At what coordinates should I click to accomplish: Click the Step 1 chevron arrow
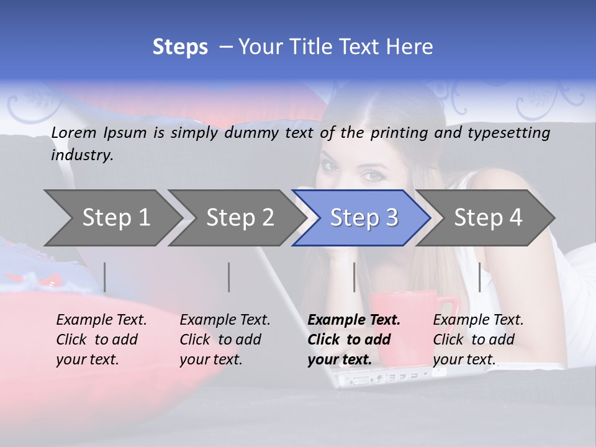pyautogui.click(x=112, y=217)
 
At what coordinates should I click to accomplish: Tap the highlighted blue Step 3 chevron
pyautogui.click(x=363, y=217)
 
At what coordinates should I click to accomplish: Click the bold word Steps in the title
pyautogui.click(x=180, y=47)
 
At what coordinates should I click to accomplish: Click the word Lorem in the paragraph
pyautogui.click(x=72, y=132)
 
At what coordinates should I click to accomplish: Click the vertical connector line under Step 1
pyautogui.click(x=105, y=277)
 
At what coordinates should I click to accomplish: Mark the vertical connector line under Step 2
pyautogui.click(x=229, y=277)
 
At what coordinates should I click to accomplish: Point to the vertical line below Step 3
pyautogui.click(x=354, y=277)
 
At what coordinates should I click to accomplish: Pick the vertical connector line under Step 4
pyautogui.click(x=480, y=277)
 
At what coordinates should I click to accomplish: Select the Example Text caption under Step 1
pyautogui.click(x=101, y=340)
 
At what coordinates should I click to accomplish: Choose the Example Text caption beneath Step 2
pyautogui.click(x=224, y=340)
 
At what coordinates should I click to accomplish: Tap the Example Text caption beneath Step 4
pyautogui.click(x=477, y=340)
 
